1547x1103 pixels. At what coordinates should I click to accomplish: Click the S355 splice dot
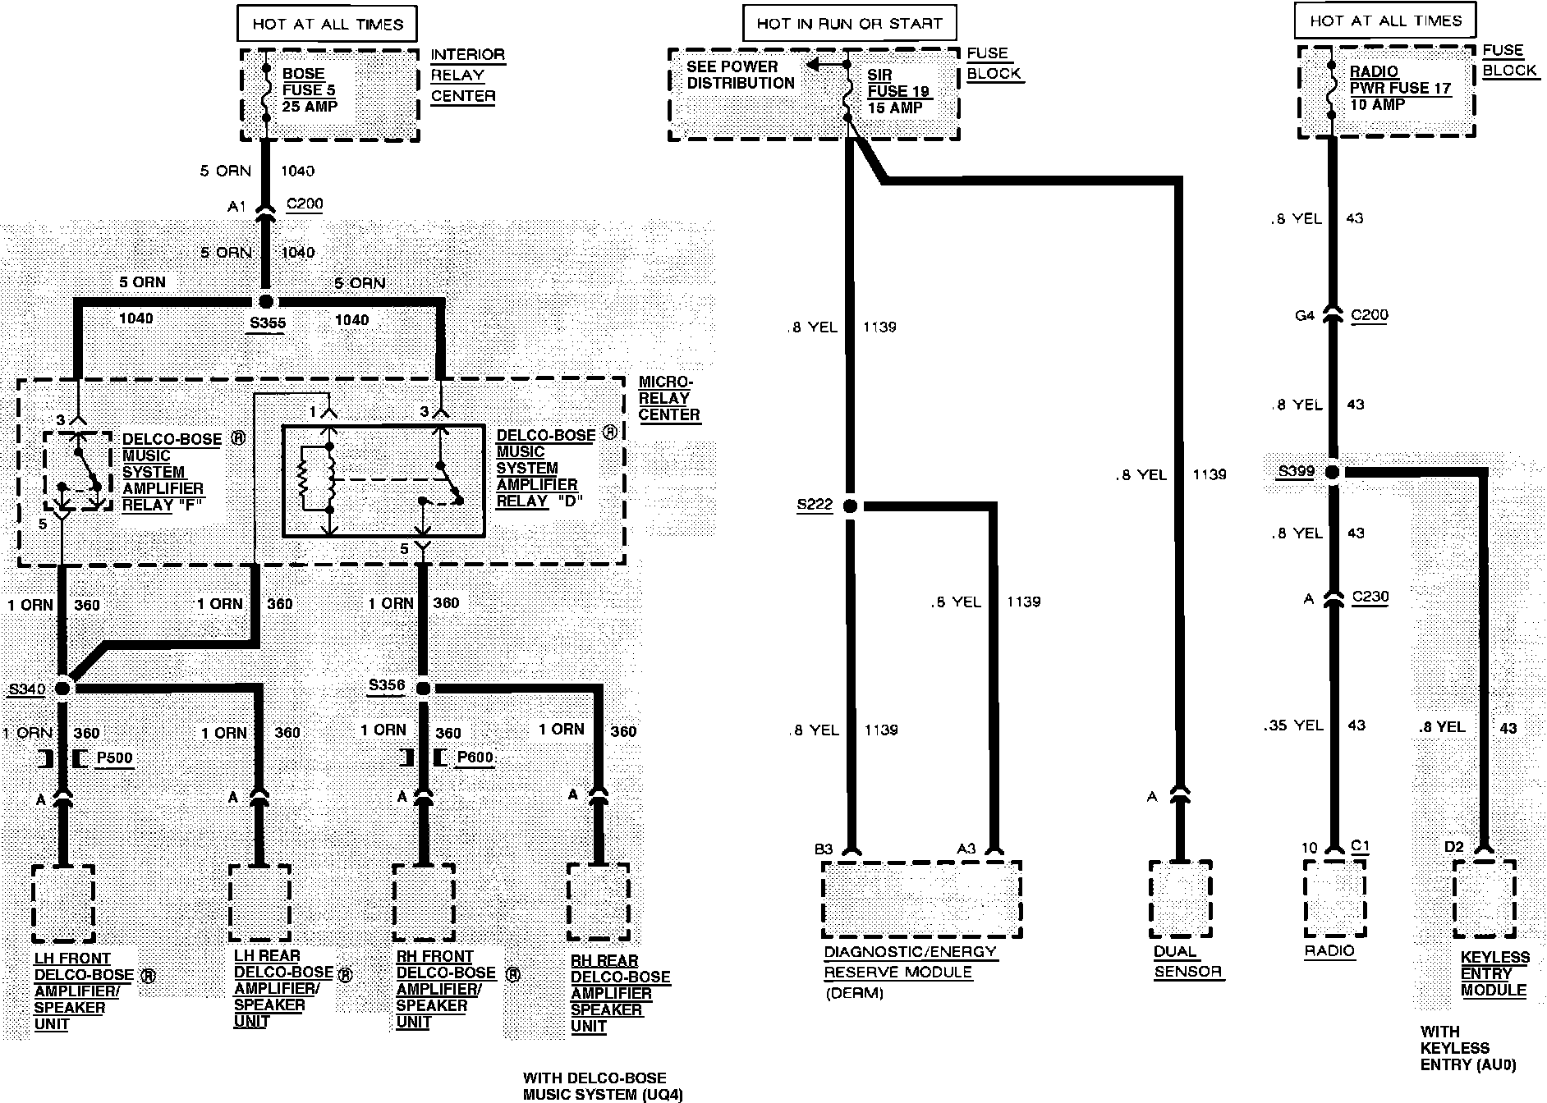point(265,302)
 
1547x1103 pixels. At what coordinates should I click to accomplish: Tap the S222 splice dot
point(850,506)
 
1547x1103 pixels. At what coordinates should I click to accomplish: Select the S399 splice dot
point(1333,473)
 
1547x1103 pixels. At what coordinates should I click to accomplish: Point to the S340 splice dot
point(63,688)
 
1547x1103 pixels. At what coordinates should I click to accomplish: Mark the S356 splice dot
point(424,688)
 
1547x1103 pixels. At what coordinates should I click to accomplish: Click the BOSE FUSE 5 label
point(310,90)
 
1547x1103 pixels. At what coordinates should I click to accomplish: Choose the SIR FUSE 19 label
point(898,91)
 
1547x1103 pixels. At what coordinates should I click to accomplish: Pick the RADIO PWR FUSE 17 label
point(1400,88)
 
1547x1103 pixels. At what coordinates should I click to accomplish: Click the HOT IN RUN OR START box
point(849,24)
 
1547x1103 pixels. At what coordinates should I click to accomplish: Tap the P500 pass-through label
point(114,757)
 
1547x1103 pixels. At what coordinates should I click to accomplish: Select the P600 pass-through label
point(475,757)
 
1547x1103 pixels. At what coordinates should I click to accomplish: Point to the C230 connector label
point(1369,597)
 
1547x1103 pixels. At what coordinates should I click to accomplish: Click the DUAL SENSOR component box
point(1181,899)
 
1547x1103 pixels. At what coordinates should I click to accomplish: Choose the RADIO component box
point(1334,899)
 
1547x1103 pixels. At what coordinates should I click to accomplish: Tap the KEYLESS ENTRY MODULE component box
point(1484,899)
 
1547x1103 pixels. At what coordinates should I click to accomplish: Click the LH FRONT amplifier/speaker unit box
point(63,904)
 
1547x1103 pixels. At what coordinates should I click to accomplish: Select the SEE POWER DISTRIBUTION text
point(741,75)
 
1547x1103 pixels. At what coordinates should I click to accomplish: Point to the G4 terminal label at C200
point(1304,315)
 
